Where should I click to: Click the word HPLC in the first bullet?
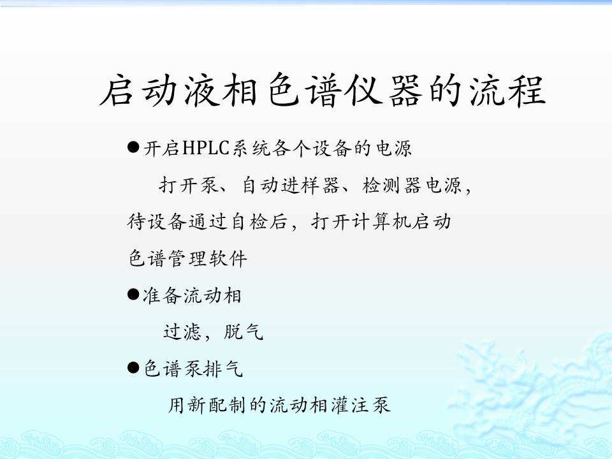pyautogui.click(x=205, y=148)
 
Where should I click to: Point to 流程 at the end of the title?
pyautogui.click(x=507, y=91)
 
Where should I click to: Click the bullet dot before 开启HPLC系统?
pyautogui.click(x=133, y=147)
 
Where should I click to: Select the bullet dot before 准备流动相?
pyautogui.click(x=133, y=295)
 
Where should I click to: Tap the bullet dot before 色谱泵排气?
pyautogui.click(x=133, y=368)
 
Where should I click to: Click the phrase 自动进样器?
pyautogui.click(x=291, y=185)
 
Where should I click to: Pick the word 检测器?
pyautogui.click(x=391, y=185)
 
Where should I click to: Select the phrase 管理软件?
pyautogui.click(x=208, y=258)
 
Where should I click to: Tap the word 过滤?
pyautogui.click(x=182, y=331)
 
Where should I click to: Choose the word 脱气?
pyautogui.click(x=244, y=331)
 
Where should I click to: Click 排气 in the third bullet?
pyautogui.click(x=224, y=368)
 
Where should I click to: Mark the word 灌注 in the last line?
pyautogui.click(x=350, y=405)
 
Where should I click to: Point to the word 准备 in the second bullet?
pyautogui.click(x=162, y=295)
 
